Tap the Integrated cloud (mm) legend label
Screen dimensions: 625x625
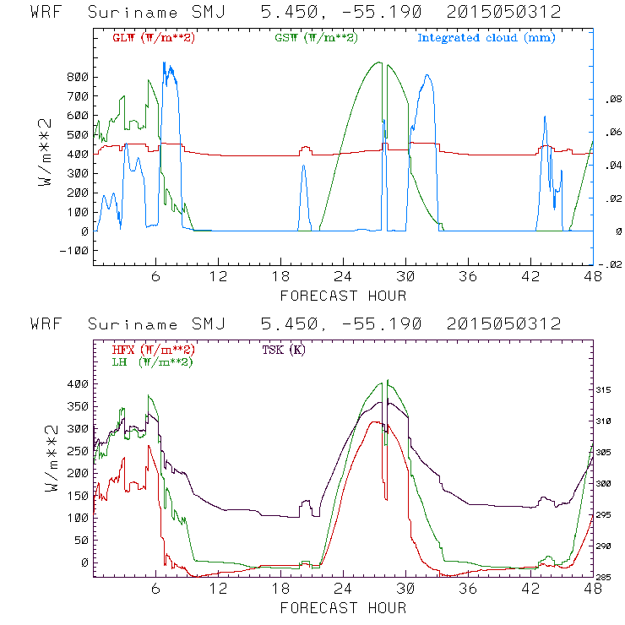pos(486,38)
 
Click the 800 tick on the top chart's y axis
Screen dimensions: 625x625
pos(77,77)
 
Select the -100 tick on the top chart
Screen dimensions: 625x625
pos(74,251)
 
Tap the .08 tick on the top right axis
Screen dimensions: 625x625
pos(610,100)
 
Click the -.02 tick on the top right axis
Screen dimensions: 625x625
pos(608,265)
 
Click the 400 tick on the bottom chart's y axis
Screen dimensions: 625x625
pos(77,384)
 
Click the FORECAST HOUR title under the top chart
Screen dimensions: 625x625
pos(343,296)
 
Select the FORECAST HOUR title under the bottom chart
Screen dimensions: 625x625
pos(343,608)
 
